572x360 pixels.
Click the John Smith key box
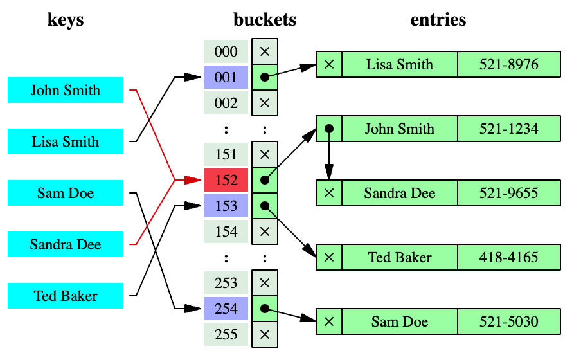tap(66, 90)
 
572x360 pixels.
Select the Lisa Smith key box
tap(66, 141)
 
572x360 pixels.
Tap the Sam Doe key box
tap(66, 193)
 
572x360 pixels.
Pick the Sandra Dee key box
tap(66, 244)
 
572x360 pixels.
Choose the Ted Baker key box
tap(66, 296)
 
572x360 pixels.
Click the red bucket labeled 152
tap(226, 181)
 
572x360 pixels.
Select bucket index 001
tap(226, 78)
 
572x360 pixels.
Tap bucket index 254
tap(226, 309)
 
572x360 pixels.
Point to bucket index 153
tap(226, 206)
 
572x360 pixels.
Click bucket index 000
tap(226, 52)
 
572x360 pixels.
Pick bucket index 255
tap(226, 335)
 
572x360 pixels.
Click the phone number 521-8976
tap(508, 64)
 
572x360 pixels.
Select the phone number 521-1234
tap(508, 129)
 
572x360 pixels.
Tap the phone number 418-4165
tap(508, 257)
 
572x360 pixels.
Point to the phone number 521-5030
tap(508, 321)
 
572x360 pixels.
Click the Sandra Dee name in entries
tap(399, 193)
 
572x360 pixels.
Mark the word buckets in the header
tap(265, 20)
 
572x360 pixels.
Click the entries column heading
tap(438, 20)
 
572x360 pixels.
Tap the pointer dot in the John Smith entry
tap(329, 129)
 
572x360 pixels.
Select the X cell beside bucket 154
tap(264, 231)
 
